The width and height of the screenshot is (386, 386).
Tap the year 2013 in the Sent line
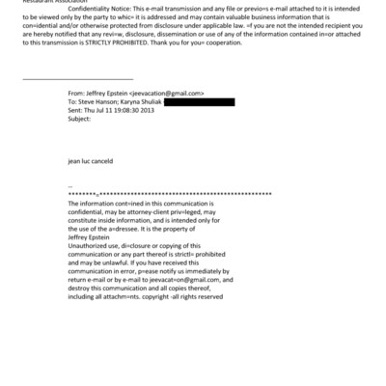coord(148,108)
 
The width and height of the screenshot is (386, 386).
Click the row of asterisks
coord(170,194)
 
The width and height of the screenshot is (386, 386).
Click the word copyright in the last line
coord(170,296)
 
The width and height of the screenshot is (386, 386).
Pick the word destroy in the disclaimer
coord(81,289)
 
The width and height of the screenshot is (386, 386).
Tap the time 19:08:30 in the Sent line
coord(123,108)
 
